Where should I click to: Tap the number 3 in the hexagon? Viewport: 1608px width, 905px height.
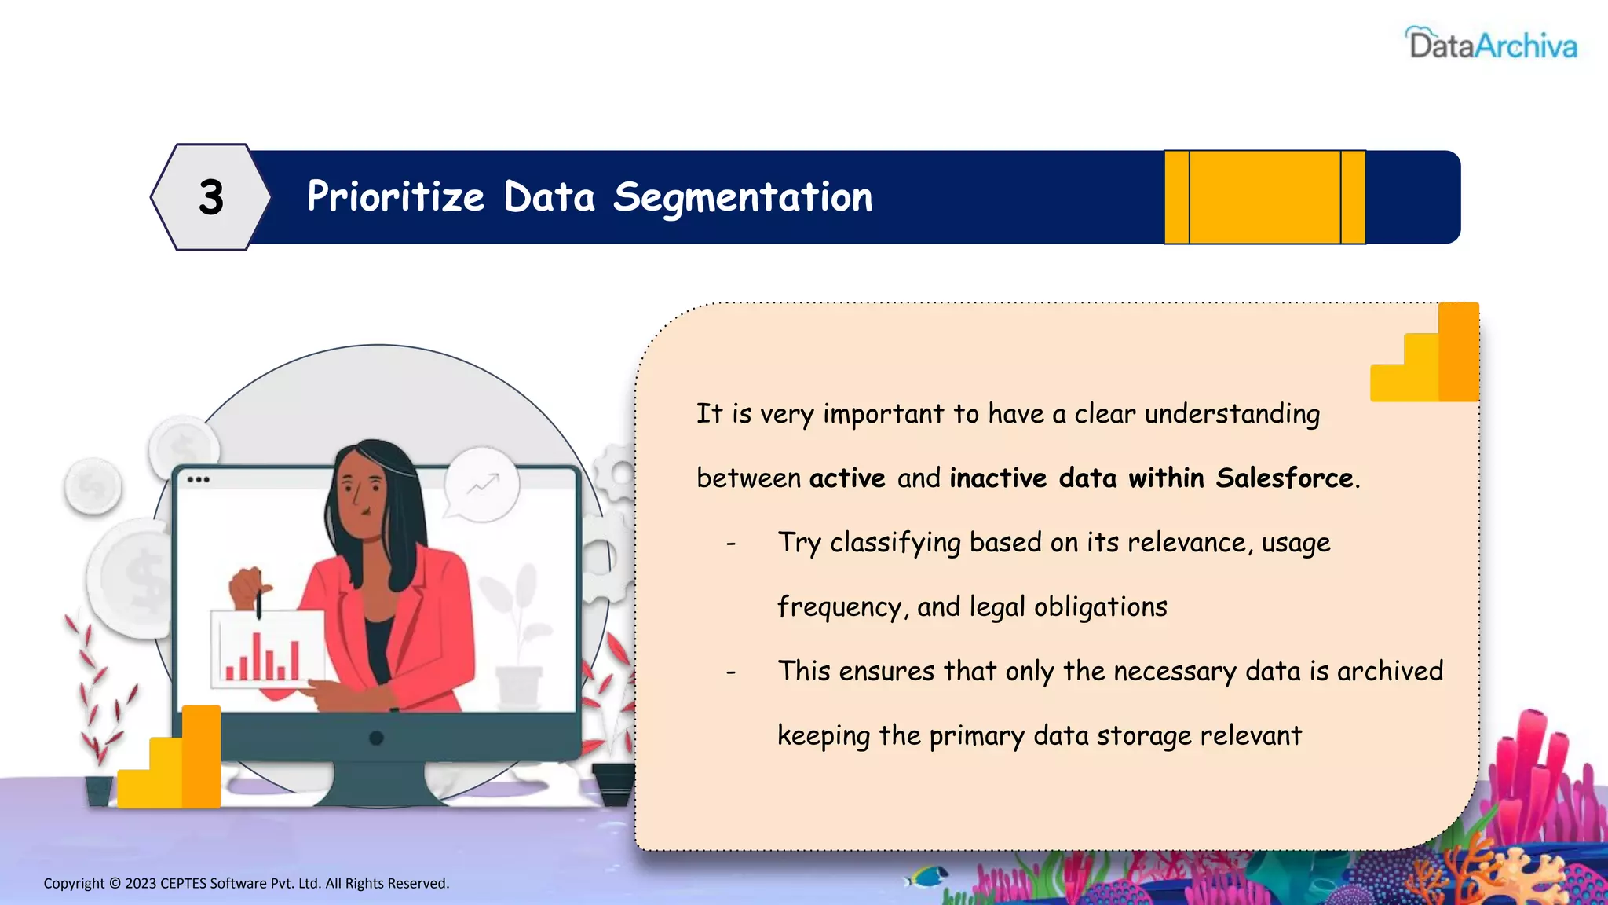(x=211, y=197)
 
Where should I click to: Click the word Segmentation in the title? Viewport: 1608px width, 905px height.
(x=742, y=197)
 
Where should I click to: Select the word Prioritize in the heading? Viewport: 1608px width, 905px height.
(x=395, y=197)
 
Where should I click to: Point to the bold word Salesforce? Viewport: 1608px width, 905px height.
(x=1285, y=478)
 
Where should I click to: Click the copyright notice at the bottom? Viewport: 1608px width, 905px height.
(x=246, y=883)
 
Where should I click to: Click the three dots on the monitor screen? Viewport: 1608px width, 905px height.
(x=198, y=479)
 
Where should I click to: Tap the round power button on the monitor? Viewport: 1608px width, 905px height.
(x=376, y=738)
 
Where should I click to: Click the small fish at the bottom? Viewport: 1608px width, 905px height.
(x=926, y=874)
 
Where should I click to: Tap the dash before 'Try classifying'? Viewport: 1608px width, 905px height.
(x=731, y=544)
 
